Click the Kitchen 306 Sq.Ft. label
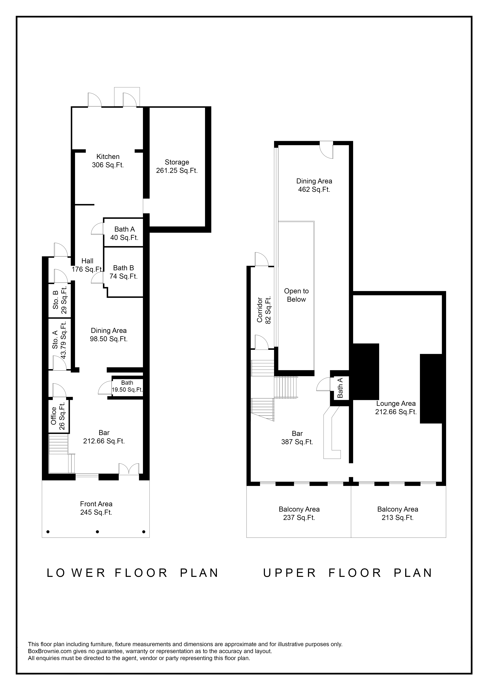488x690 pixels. tap(108, 161)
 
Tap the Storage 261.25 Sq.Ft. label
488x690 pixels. tap(177, 166)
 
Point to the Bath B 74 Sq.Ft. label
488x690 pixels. tap(123, 272)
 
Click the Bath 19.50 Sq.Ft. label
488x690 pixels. tap(127, 386)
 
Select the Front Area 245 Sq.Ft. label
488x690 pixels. tap(96, 508)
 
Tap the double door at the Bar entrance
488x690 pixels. tap(129, 469)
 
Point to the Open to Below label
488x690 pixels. tap(296, 295)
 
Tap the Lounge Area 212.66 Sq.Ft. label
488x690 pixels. tap(396, 407)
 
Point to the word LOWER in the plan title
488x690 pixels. tap(76, 573)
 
